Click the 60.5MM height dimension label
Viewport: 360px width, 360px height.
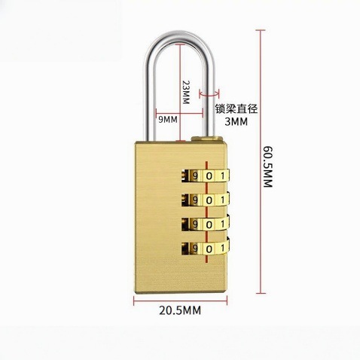[268, 167]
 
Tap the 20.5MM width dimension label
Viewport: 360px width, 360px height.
[180, 310]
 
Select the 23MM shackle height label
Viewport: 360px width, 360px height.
[186, 93]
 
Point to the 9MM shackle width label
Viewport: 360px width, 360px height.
[168, 120]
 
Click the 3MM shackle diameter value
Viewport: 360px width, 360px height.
[236, 122]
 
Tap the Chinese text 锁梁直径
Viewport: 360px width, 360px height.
[236, 109]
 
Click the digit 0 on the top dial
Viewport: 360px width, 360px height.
[209, 176]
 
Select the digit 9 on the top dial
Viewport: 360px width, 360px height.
[195, 176]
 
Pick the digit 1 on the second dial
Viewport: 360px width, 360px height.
[222, 200]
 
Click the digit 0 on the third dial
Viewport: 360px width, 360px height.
[209, 224]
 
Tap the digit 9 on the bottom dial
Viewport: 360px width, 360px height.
[195, 249]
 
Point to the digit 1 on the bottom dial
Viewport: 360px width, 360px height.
[222, 249]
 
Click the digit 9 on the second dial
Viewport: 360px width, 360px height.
[195, 200]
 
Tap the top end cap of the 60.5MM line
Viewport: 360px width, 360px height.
[261, 30]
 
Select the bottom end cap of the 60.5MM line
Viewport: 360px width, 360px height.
[261, 293]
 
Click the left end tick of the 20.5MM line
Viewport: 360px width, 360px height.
[134, 301]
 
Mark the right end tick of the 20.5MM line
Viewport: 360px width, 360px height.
[227, 301]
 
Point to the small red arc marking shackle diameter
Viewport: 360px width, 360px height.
[209, 96]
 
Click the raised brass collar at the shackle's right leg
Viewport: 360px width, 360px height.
[206, 139]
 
